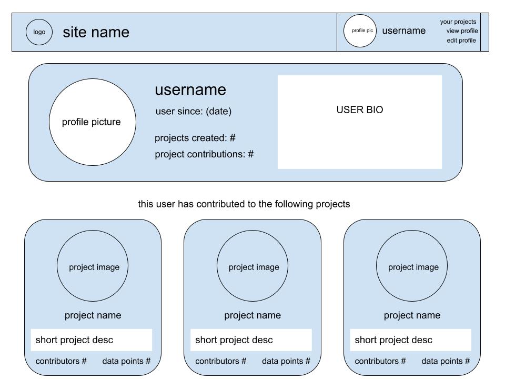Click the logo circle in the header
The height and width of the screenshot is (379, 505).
point(39,32)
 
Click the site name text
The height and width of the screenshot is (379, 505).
point(96,32)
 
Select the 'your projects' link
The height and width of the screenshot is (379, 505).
point(458,22)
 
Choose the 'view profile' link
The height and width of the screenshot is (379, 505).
point(462,31)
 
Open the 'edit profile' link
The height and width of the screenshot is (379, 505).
point(461,41)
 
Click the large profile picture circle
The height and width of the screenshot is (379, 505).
point(92,122)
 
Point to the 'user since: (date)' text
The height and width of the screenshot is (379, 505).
point(194,112)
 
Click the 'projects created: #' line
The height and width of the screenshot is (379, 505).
point(195,138)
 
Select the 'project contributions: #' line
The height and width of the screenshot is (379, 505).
point(204,155)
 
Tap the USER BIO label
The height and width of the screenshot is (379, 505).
point(360,110)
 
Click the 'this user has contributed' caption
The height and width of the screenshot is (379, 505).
point(244,204)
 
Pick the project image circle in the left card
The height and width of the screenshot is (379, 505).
point(93,266)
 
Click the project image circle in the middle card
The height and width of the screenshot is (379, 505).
point(252,266)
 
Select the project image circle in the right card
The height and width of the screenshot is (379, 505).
point(412,266)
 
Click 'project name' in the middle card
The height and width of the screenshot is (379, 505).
point(252,315)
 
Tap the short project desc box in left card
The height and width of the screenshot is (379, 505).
point(92,340)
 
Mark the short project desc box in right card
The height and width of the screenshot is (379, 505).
point(411,340)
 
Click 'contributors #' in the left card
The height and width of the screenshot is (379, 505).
point(61,361)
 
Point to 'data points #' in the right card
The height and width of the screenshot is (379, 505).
point(446,361)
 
